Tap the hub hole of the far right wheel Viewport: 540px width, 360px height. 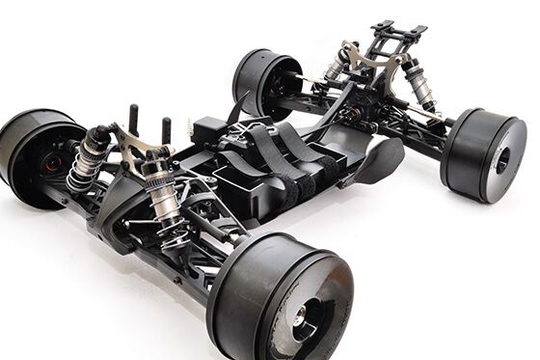tap(501, 160)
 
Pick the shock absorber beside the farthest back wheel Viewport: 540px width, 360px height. tap(335, 67)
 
